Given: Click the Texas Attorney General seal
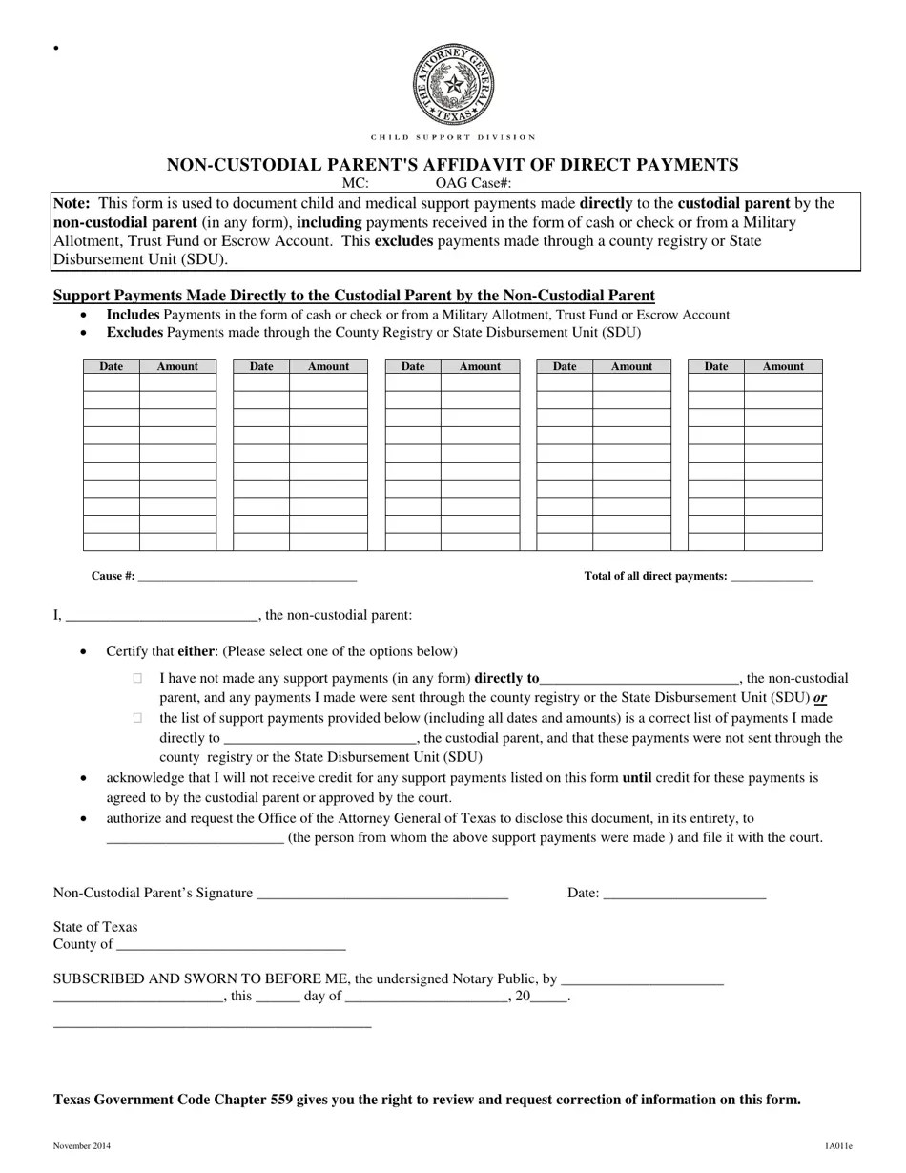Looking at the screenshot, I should (453, 85).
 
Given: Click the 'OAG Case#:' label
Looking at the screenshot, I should (473, 182).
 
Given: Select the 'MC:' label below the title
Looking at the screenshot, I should (356, 182).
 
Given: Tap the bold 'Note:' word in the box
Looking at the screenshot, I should (72, 203).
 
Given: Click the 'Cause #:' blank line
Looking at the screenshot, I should (247, 577).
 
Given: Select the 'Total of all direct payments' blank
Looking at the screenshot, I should (771, 577).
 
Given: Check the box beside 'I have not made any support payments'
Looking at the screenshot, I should (138, 678).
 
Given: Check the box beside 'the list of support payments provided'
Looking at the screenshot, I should (138, 717).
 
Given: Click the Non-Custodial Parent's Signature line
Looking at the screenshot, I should (382, 895).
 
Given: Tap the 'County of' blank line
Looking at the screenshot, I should (230, 945).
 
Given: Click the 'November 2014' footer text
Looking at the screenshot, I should (81, 1146).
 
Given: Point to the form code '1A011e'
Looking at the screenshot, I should (839, 1146).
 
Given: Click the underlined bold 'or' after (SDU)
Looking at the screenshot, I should (819, 698).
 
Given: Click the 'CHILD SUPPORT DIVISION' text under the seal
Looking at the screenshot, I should (453, 137).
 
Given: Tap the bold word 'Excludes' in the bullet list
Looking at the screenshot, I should (134, 333).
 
